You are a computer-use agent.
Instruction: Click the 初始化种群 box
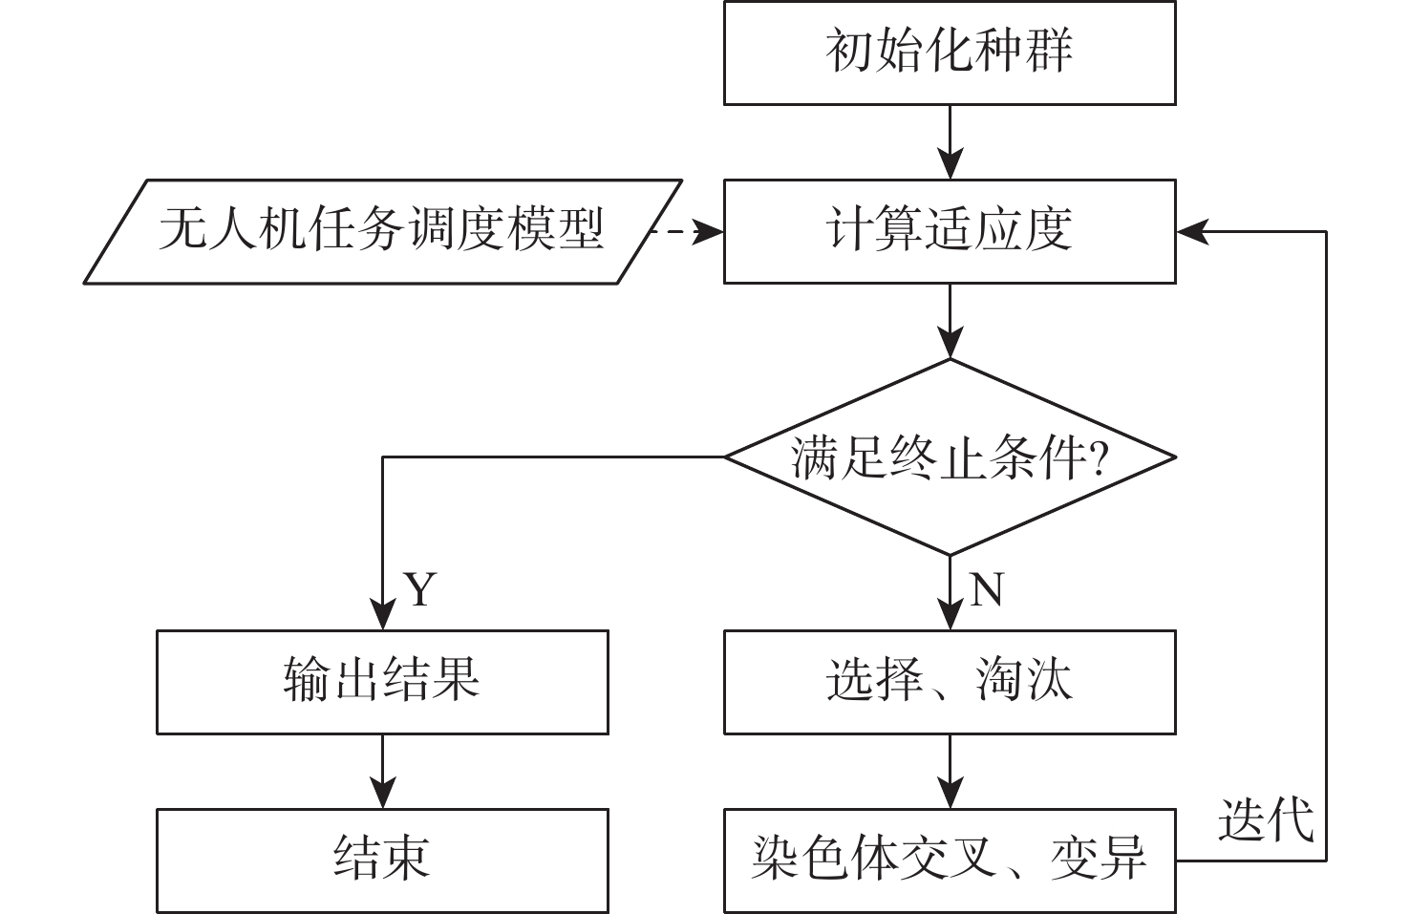pos(950,53)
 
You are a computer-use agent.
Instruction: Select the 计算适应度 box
pos(950,231)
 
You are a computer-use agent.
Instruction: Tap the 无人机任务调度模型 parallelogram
pos(382,231)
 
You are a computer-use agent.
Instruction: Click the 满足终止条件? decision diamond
pos(950,457)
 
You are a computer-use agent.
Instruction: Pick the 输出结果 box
pos(382,682)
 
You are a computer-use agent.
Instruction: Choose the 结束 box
pos(382,860)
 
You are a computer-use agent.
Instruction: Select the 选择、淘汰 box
pos(950,682)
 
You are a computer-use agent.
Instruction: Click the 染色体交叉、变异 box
pos(950,860)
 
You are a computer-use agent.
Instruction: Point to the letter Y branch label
pos(420,590)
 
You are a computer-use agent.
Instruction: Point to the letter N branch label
pos(987,590)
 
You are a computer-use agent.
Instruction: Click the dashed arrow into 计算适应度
pos(686,231)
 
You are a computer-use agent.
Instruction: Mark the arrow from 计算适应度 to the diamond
pos(950,321)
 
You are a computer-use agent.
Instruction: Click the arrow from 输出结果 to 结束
pos(382,772)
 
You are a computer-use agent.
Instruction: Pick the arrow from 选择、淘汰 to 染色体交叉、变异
pos(950,772)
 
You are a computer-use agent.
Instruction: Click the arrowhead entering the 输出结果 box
pos(382,615)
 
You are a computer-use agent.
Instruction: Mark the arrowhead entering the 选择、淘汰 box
pos(950,615)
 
